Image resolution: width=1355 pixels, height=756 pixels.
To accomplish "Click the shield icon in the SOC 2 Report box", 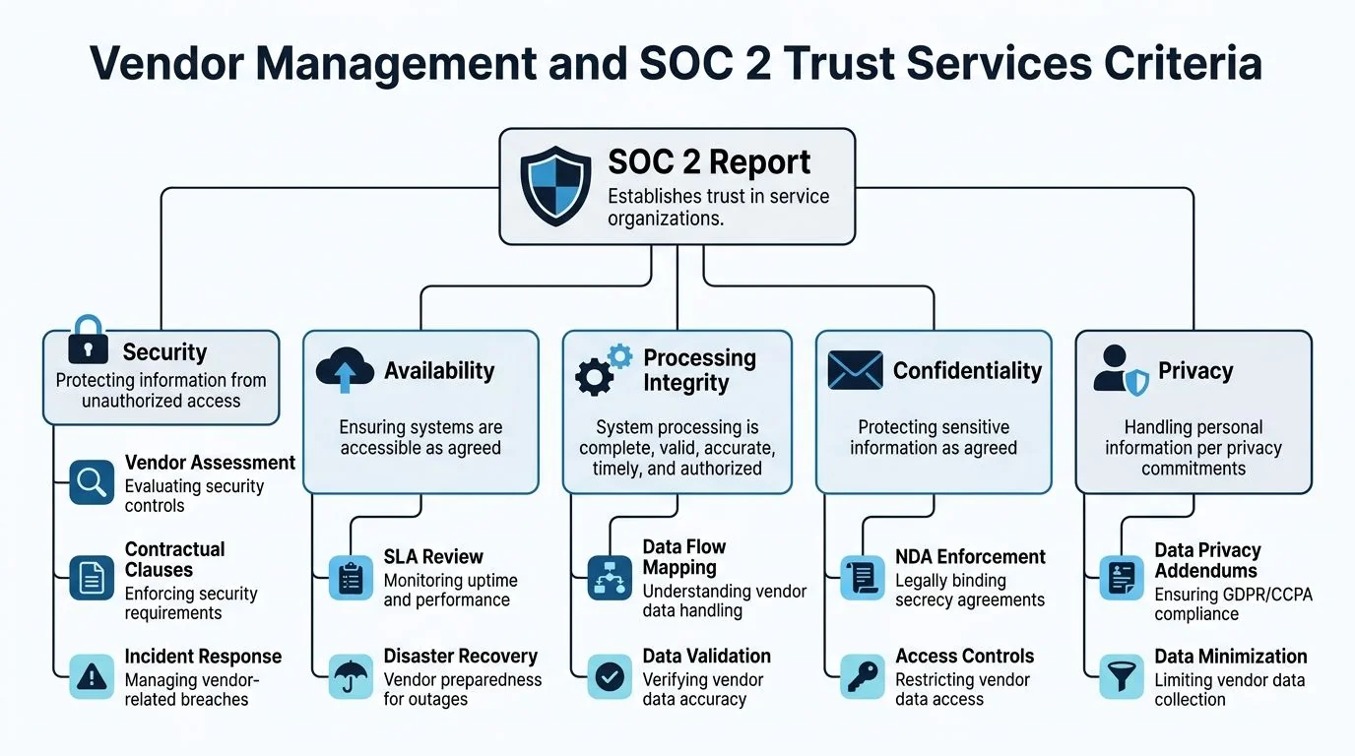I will point(555,187).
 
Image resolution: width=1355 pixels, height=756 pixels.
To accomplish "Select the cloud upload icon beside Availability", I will point(345,370).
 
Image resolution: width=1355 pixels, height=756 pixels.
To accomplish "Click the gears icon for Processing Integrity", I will point(603,370).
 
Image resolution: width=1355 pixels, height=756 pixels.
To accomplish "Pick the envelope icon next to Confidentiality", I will point(855,370).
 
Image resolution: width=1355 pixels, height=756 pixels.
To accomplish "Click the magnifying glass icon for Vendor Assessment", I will point(91,482).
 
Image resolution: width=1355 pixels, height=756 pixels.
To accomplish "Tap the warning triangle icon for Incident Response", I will point(91,676).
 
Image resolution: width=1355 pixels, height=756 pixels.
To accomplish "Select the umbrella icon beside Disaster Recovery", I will point(350,676).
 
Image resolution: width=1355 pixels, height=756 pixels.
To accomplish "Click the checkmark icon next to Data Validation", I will point(610,676).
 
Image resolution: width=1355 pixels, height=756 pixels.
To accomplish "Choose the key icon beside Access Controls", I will point(862,676).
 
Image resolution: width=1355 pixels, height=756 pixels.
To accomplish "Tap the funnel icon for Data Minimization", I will point(1121,676).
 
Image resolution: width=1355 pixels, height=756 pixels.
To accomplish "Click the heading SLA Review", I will point(433,556).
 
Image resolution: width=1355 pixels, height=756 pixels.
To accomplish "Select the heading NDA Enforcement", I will point(970,556).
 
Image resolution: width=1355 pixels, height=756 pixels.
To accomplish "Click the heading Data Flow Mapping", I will point(684,557).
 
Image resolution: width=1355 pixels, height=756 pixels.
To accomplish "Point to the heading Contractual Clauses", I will point(174,559).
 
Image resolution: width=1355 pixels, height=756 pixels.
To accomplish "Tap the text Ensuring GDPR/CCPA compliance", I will point(1233,604).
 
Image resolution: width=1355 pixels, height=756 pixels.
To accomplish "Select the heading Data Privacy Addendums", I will point(1207,560).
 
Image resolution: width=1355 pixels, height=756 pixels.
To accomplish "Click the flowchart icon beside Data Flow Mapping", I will point(610,578).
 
